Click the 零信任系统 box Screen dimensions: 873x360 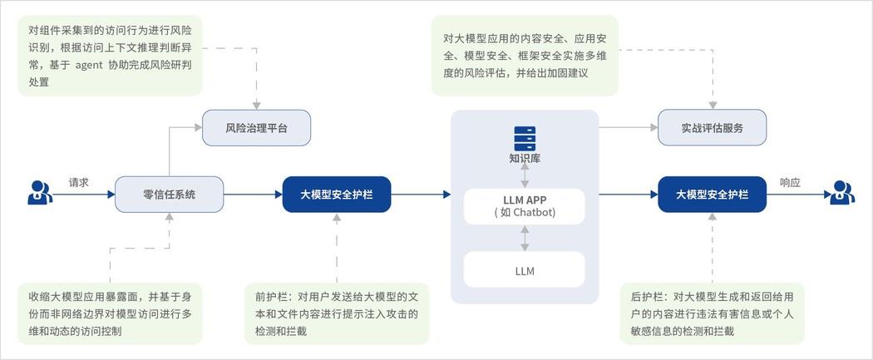170,195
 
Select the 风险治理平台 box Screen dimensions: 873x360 256,127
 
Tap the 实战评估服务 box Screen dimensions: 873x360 712,127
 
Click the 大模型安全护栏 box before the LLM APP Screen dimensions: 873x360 337,195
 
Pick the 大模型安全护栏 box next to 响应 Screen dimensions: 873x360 712,195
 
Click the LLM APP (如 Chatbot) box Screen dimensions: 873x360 525,206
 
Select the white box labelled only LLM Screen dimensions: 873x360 525,270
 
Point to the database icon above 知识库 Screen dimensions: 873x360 525,138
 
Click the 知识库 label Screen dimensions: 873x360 525,158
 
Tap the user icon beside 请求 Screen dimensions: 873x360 40,193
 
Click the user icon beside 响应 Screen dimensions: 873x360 841,193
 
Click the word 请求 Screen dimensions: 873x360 78,182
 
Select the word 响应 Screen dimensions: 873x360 790,182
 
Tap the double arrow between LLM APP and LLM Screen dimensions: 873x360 525,238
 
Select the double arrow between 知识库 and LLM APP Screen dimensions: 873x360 525,176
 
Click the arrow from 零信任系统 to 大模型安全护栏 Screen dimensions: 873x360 254,195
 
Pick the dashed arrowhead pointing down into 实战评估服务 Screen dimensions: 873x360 713,105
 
